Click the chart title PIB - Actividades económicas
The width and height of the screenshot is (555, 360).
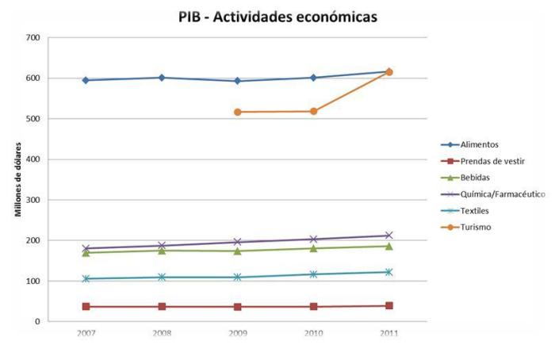click(x=278, y=17)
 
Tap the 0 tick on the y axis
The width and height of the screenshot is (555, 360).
click(x=36, y=322)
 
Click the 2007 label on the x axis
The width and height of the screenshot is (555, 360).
click(x=86, y=333)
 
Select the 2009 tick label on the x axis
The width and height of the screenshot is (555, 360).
click(x=238, y=333)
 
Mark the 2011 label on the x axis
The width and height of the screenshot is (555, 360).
click(x=389, y=333)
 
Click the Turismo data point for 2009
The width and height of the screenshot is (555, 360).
click(x=238, y=112)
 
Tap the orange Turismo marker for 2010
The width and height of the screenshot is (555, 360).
click(x=313, y=111)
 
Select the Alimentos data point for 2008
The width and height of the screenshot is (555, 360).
click(x=162, y=78)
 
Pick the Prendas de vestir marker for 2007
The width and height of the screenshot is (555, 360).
click(x=86, y=306)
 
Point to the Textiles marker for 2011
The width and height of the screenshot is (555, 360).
click(x=389, y=272)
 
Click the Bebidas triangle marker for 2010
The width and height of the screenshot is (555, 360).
click(x=313, y=248)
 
